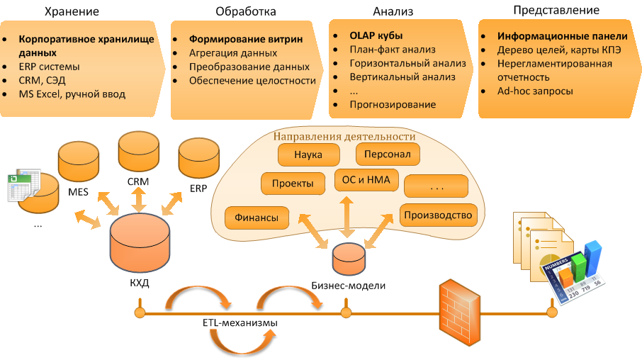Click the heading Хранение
coord(72,12)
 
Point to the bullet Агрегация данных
coord(233,53)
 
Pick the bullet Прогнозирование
coord(393,104)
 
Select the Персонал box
coord(388,154)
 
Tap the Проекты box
coord(293,184)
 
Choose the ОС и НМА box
coord(366,180)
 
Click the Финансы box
coord(257,218)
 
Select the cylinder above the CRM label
coord(138,152)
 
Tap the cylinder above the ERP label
coord(199,159)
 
